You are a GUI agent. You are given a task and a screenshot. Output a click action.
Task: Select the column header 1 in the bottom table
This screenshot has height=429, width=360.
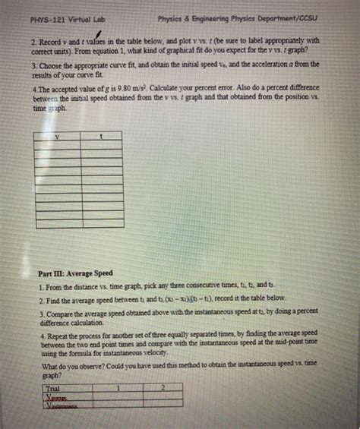[118, 387]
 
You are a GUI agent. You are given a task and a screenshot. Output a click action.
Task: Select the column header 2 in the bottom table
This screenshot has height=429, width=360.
[162, 387]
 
